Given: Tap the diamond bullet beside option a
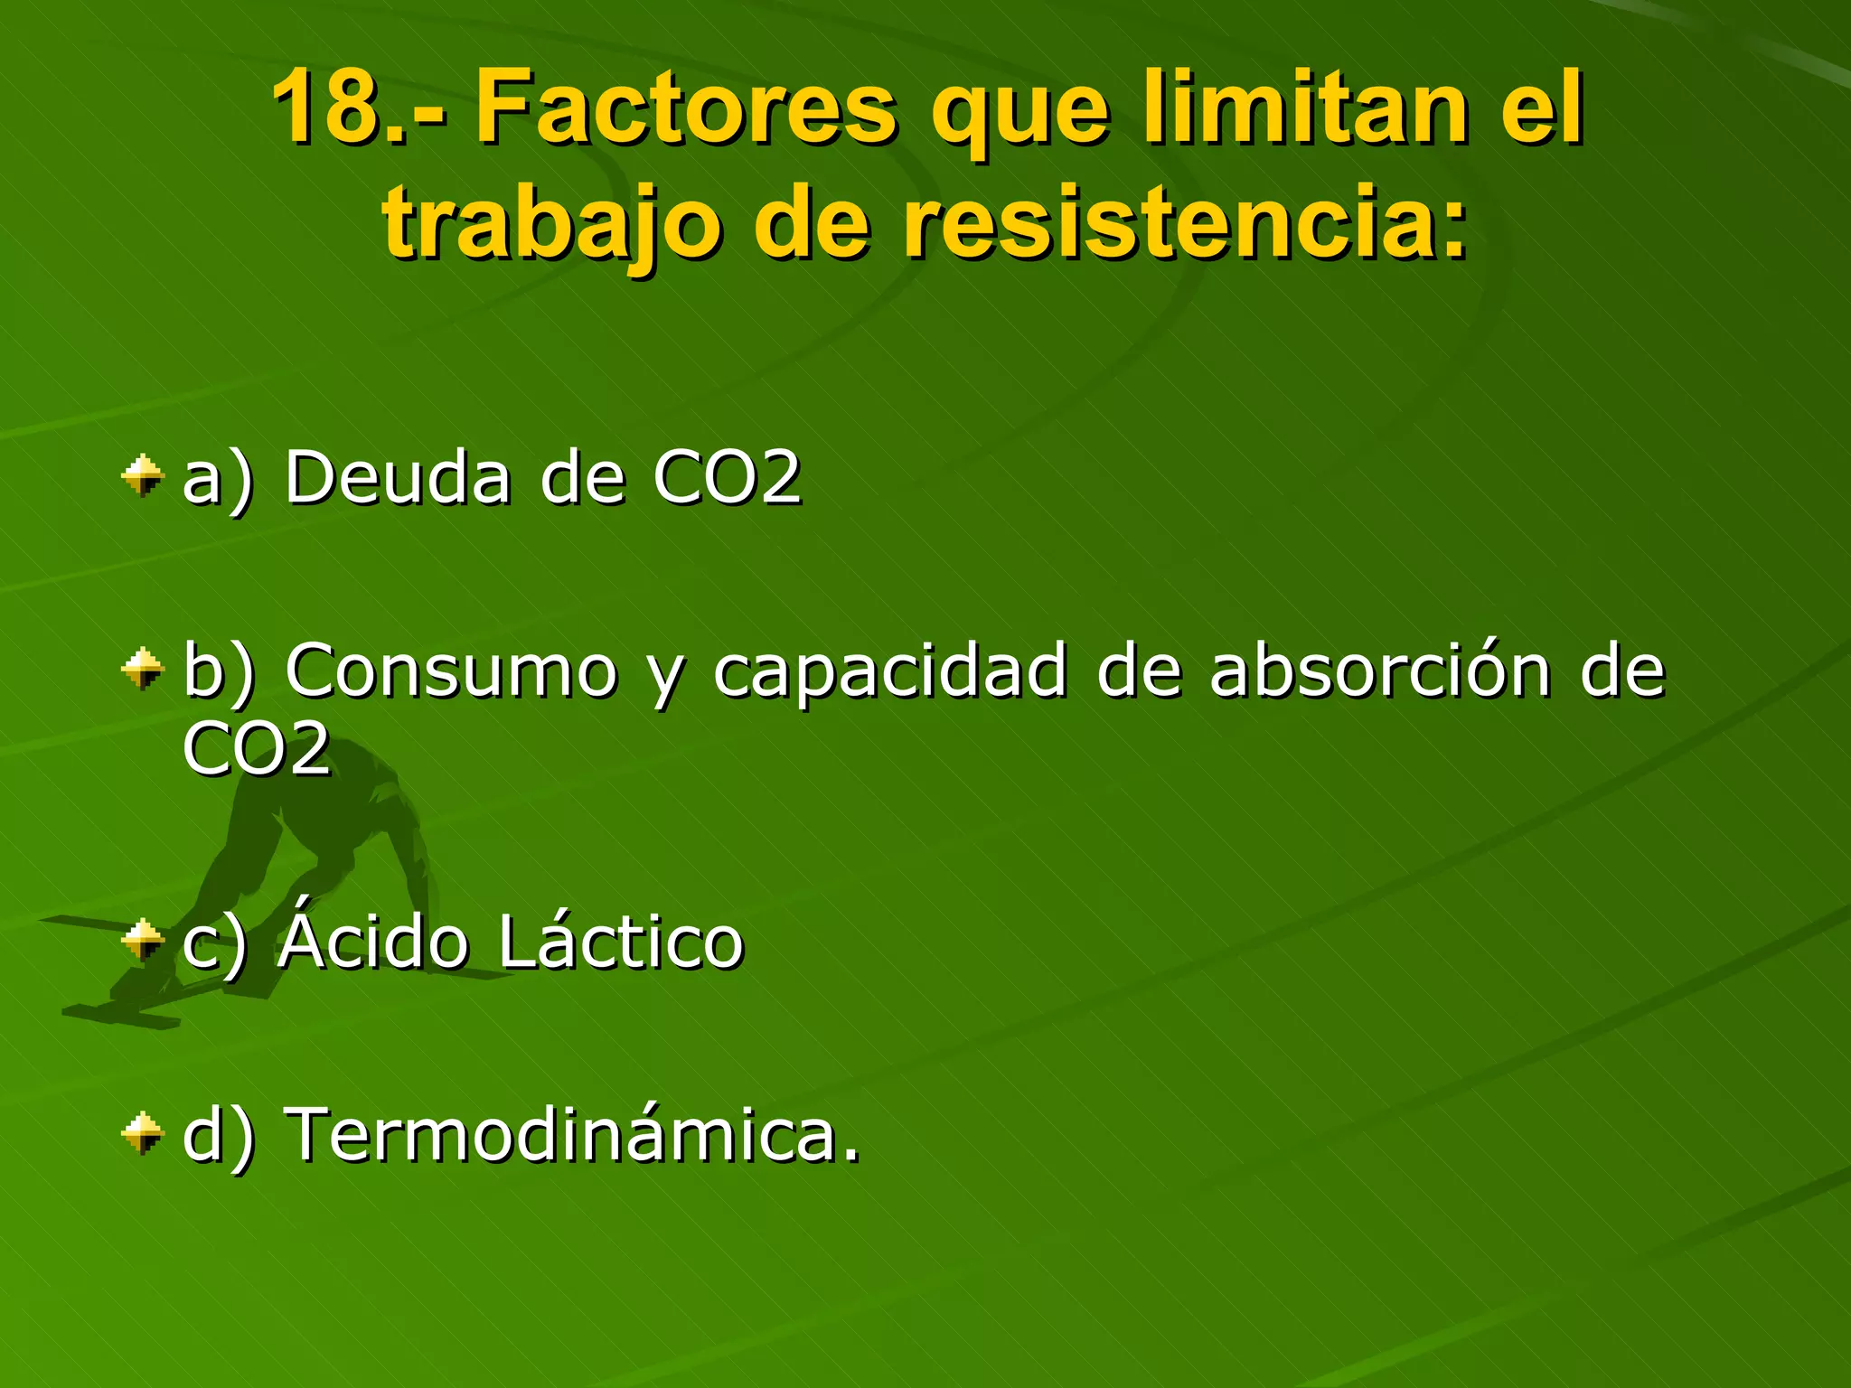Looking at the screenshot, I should coord(143,475).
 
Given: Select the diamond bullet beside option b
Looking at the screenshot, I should coord(143,670).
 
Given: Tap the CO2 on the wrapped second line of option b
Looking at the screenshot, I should coord(257,748).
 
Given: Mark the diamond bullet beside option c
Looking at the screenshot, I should coord(143,941).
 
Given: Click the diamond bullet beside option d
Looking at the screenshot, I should coord(143,1133).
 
